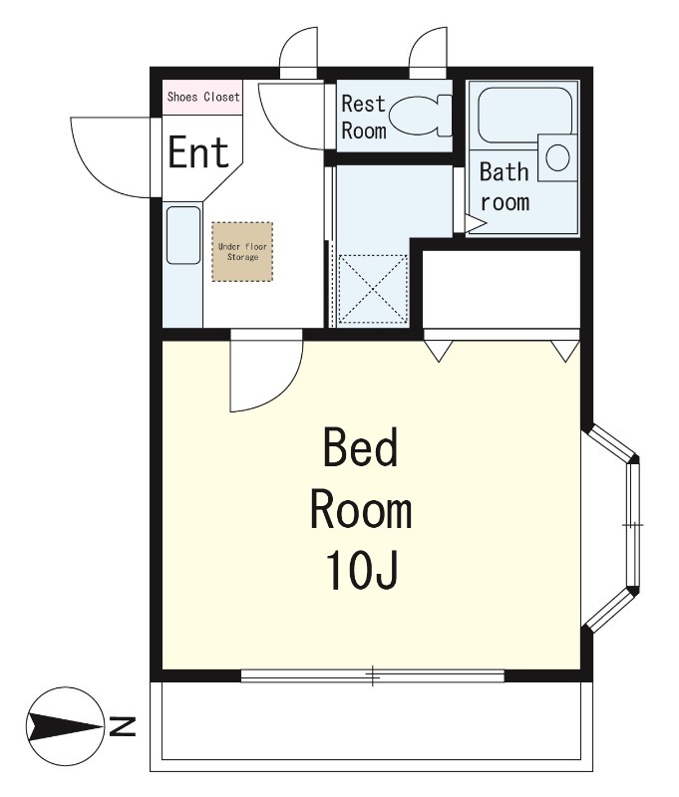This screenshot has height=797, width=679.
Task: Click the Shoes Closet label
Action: click(203, 97)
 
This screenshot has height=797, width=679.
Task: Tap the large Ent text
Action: click(198, 152)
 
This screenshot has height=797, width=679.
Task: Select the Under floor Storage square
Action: click(242, 252)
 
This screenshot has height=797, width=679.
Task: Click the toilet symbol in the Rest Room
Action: click(422, 116)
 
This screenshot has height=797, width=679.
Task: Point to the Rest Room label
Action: click(364, 117)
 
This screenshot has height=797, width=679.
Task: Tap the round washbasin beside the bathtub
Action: click(557, 157)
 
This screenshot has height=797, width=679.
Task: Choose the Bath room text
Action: click(505, 186)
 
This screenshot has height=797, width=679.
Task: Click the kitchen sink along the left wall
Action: click(183, 235)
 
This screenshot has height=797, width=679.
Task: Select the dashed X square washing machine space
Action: click(373, 289)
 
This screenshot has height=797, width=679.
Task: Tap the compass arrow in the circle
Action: click(64, 727)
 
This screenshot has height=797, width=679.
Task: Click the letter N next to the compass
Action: click(123, 727)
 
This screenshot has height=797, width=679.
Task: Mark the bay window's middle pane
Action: click(633, 525)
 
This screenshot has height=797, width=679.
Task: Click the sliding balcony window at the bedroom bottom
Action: click(372, 675)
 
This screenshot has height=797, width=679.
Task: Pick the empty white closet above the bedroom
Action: click(502, 289)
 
